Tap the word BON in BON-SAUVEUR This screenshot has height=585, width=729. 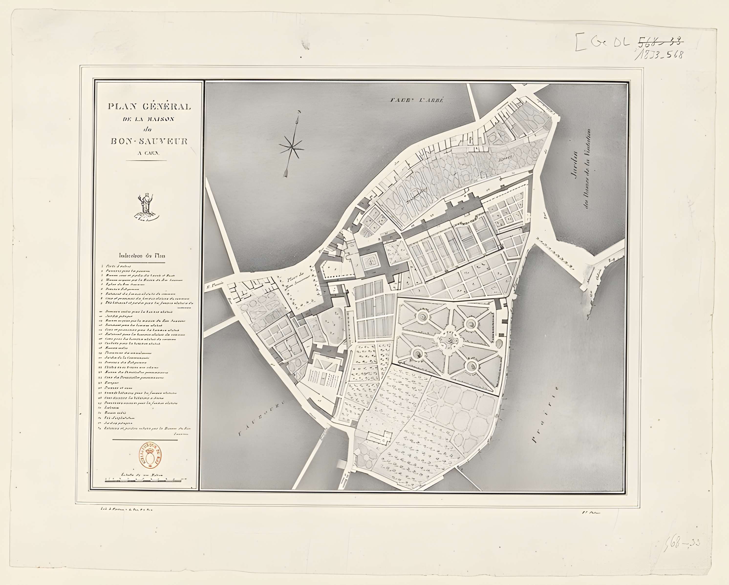click(120, 141)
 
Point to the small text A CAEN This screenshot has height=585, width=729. click(149, 153)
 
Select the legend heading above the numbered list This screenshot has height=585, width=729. click(142, 256)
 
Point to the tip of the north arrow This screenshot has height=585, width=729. click(299, 112)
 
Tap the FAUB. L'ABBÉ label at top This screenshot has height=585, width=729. click(416, 100)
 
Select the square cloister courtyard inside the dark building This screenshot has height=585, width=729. click(371, 261)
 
